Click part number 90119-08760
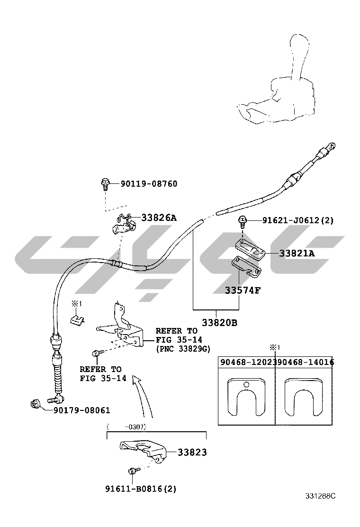(x=149, y=183)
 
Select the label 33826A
(x=159, y=218)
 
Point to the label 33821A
(x=297, y=254)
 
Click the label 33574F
(x=243, y=290)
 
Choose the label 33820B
(x=219, y=323)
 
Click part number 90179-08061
(x=81, y=410)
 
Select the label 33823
(x=192, y=452)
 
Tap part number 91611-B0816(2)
(x=141, y=489)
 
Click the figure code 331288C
(x=320, y=496)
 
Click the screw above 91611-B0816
(x=132, y=471)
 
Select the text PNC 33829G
(x=183, y=349)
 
